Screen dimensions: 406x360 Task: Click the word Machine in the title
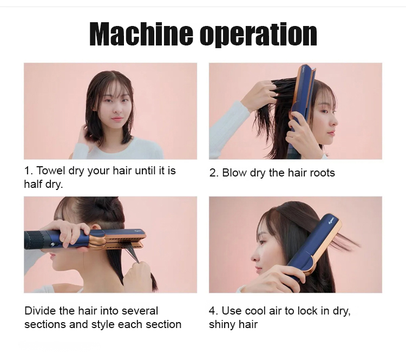(x=141, y=34)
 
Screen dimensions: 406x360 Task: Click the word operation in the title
(x=258, y=35)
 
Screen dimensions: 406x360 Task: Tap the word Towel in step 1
(x=51, y=171)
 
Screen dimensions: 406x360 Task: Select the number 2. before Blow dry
(x=214, y=173)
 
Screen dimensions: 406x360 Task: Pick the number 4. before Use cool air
(x=213, y=311)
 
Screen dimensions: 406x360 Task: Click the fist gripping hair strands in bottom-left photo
(x=136, y=275)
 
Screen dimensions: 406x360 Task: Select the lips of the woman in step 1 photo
(x=117, y=119)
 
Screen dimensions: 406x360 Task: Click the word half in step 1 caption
(x=33, y=184)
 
